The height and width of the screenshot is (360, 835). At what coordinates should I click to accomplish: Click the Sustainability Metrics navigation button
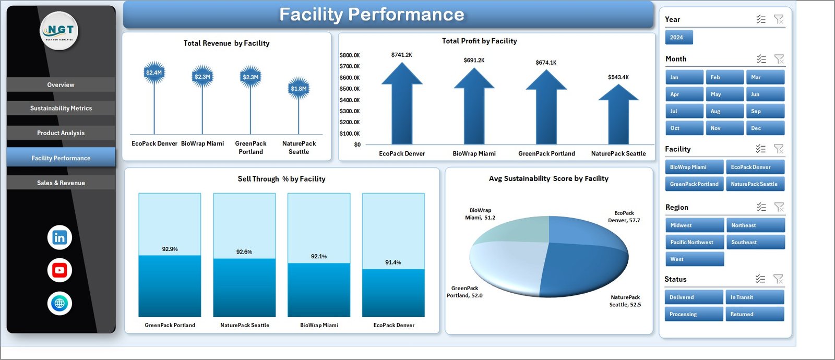coord(61,108)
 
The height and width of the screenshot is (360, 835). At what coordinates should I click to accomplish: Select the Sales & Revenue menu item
coord(61,183)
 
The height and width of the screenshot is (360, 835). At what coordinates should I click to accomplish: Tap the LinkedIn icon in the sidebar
coord(59,237)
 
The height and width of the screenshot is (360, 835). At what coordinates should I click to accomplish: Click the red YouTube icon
coord(59,270)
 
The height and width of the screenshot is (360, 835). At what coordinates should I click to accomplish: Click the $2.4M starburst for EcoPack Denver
coord(154,73)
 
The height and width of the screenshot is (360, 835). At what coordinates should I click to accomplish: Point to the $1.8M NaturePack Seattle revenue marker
coord(299,89)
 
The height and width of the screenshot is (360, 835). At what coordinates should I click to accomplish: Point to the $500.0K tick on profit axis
coord(349,89)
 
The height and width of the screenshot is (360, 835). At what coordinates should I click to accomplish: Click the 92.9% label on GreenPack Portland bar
coord(170,249)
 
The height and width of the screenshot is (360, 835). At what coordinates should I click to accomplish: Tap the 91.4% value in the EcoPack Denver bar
coord(393,262)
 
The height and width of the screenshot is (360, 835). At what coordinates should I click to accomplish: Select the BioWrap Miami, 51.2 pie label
coord(480,214)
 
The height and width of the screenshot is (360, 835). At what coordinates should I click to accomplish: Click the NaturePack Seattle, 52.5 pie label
coord(625,301)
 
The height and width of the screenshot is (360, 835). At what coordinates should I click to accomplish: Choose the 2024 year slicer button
coord(678,38)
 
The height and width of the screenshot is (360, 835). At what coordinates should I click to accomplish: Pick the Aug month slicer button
coord(724,111)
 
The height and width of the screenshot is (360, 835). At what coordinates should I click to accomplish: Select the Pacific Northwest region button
coord(694,242)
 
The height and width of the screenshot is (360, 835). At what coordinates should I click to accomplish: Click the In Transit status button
coord(755,297)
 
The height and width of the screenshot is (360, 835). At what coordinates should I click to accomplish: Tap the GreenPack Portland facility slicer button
coord(694,184)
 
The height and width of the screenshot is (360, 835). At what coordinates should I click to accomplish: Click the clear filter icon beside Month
coord(779,59)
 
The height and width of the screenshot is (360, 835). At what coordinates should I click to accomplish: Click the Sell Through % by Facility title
coord(281,179)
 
